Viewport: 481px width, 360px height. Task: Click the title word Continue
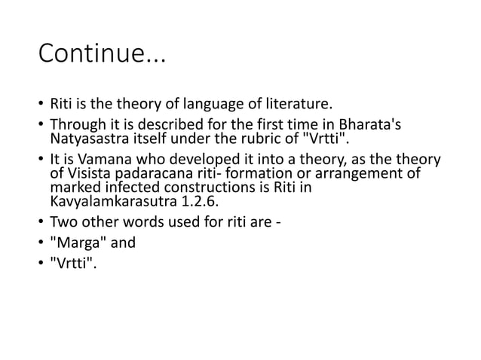pyautogui.click(x=95, y=56)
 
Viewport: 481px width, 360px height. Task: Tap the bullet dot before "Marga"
pyautogui.click(x=39, y=243)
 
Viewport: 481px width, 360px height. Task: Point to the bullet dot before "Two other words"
pyautogui.click(x=39, y=223)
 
